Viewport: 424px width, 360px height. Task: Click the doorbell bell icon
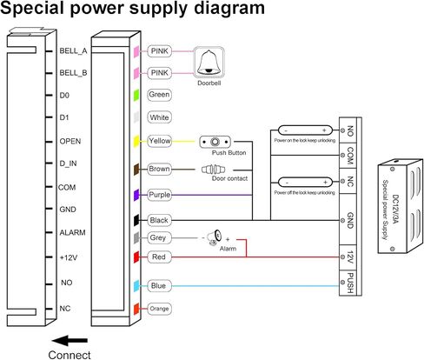coord(209,63)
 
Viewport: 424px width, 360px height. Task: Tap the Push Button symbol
coord(215,142)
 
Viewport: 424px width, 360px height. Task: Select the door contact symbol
coord(214,170)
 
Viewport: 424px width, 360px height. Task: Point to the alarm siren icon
coord(215,237)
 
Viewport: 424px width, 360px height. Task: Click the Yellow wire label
coord(159,141)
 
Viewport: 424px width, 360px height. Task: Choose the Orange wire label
coord(159,309)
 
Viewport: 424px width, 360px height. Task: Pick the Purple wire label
coord(159,195)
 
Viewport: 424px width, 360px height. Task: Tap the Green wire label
coord(159,95)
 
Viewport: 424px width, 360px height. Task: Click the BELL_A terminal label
coord(73,51)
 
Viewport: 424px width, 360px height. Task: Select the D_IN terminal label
coord(68,163)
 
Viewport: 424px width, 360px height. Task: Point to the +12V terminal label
coord(69,257)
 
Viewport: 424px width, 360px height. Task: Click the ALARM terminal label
coord(72,233)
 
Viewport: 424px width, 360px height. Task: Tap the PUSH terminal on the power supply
coord(348,283)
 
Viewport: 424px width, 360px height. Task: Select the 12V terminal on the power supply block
coord(348,257)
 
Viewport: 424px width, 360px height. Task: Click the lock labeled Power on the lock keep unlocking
coord(305,130)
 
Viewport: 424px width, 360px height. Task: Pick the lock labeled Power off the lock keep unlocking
coord(305,183)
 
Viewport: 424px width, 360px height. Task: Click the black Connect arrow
coord(70,341)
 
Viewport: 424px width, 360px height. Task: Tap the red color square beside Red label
coord(136,257)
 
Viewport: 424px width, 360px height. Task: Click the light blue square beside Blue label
coord(136,286)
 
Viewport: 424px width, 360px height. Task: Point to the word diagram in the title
coord(229,8)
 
